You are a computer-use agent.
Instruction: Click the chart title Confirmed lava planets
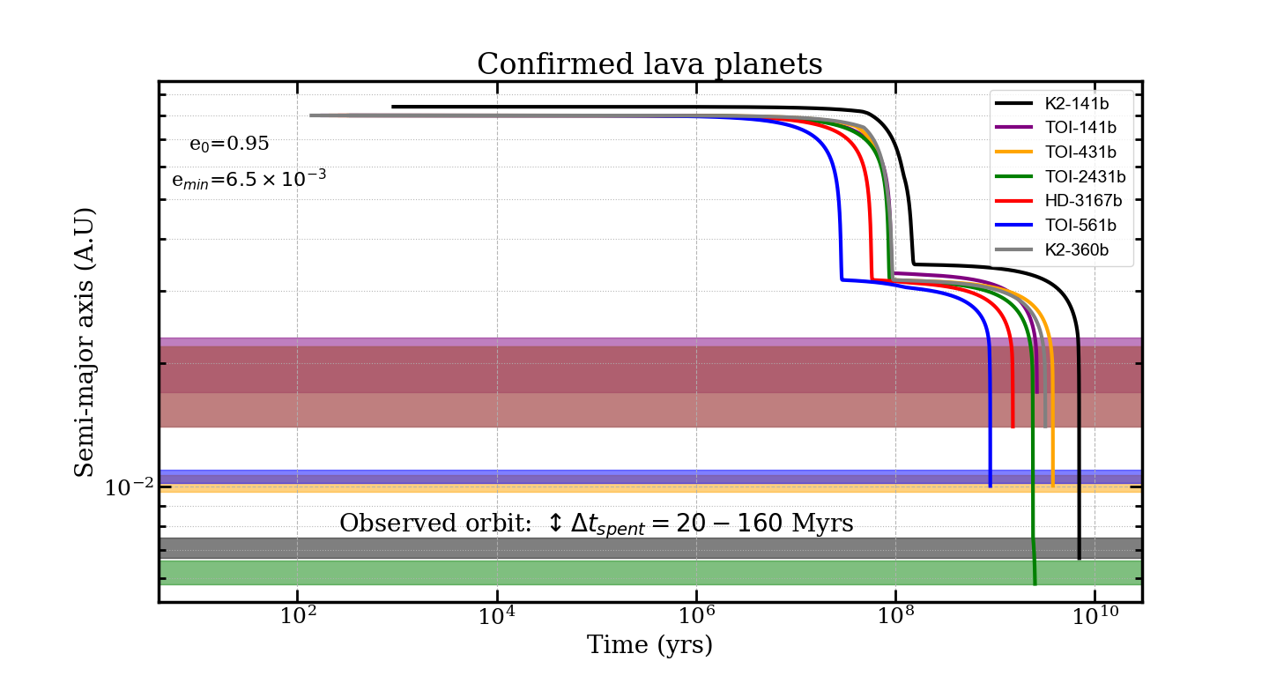click(x=649, y=64)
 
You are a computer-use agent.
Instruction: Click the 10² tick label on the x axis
click(x=298, y=615)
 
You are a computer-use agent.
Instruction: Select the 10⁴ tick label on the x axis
click(x=497, y=615)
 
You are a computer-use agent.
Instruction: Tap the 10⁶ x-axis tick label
click(x=696, y=615)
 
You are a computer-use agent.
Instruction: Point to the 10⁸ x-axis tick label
click(x=895, y=615)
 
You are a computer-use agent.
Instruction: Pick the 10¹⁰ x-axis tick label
click(x=1095, y=615)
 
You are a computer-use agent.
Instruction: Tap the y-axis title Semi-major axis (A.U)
click(x=85, y=342)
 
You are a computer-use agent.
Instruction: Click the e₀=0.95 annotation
click(x=229, y=145)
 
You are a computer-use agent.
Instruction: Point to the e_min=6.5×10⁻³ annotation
click(x=249, y=180)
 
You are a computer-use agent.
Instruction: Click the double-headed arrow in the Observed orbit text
click(x=554, y=524)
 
